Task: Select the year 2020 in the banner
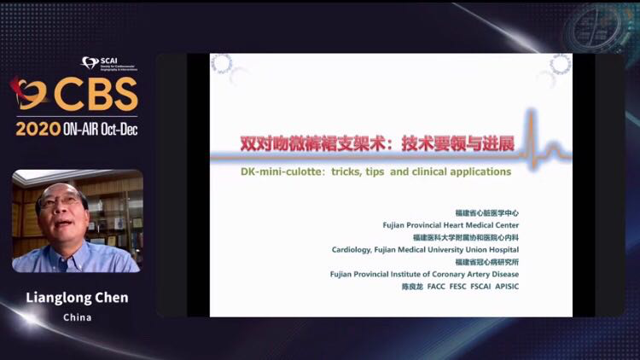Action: tap(38, 129)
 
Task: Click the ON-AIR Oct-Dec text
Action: tap(100, 129)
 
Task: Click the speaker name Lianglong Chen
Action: tap(77, 298)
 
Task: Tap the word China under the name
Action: tap(77, 317)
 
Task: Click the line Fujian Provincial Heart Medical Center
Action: tap(451, 225)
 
